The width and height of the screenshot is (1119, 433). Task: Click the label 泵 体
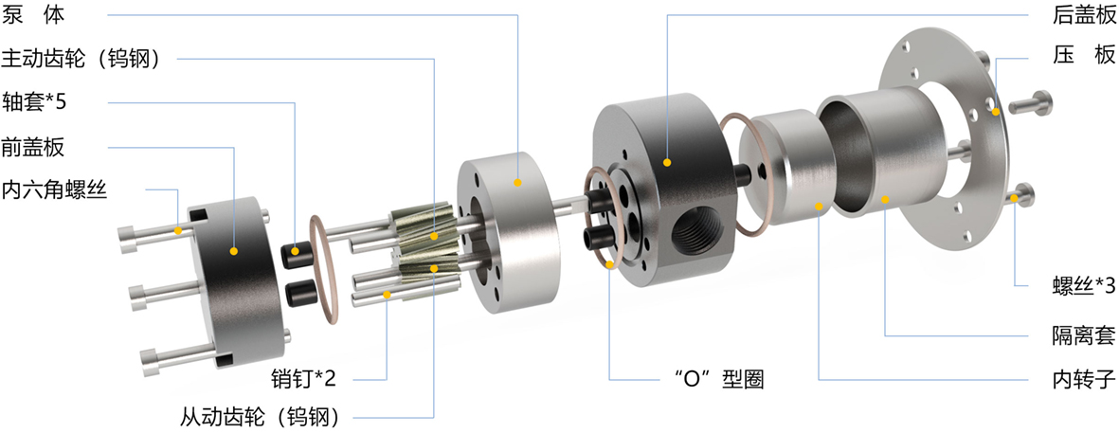pyautogui.click(x=33, y=13)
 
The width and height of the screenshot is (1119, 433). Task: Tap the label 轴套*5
pyautogui.click(x=35, y=102)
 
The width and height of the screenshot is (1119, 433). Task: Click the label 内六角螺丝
pyautogui.click(x=54, y=189)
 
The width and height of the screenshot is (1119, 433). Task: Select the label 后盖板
pyautogui.click(x=1083, y=13)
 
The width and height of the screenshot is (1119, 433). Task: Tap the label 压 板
pyautogui.click(x=1083, y=58)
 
